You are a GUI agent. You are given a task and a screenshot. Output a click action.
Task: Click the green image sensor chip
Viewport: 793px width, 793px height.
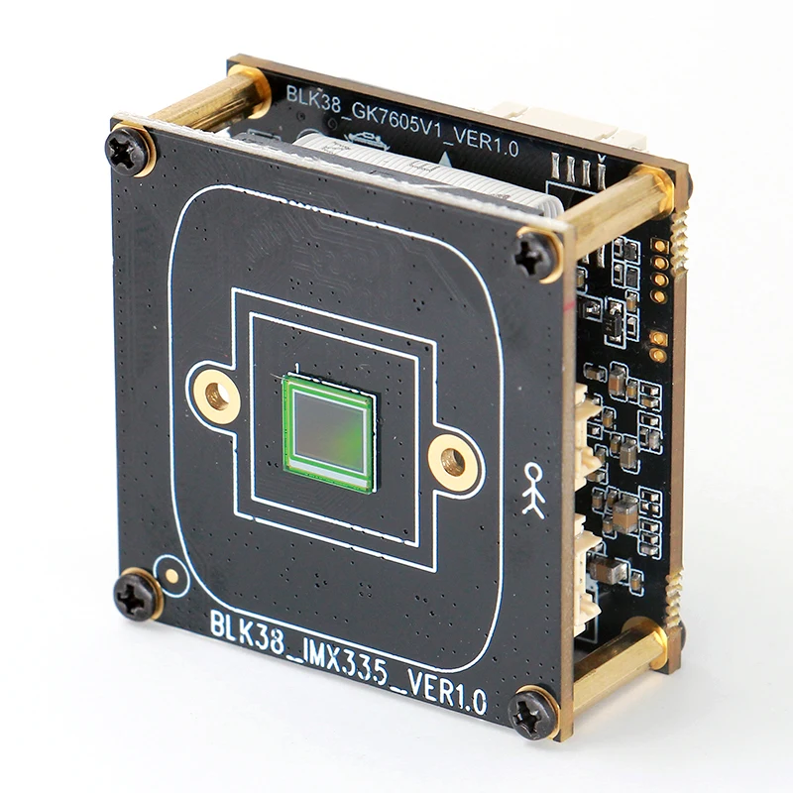pos(330,433)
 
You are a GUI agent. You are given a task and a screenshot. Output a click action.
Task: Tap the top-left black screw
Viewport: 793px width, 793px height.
pos(127,152)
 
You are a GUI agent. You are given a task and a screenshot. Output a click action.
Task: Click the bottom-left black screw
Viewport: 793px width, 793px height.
pos(135,596)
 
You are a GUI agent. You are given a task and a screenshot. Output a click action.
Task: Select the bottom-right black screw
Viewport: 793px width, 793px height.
pos(531,715)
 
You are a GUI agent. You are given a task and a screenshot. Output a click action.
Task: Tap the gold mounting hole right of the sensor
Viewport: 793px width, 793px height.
pos(453,462)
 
